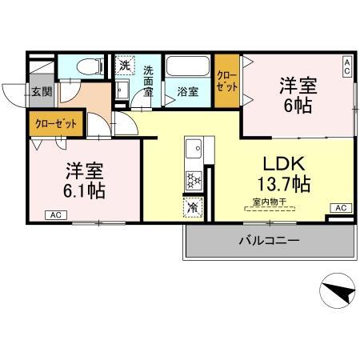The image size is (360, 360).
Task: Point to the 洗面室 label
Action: (x=148, y=81)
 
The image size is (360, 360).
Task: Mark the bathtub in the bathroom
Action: (x=188, y=67)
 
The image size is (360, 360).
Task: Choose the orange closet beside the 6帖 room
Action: (x=226, y=80)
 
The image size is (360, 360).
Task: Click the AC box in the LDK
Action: (x=339, y=208)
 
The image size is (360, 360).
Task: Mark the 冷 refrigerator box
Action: (x=194, y=207)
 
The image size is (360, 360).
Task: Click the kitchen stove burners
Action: (x=194, y=181)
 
